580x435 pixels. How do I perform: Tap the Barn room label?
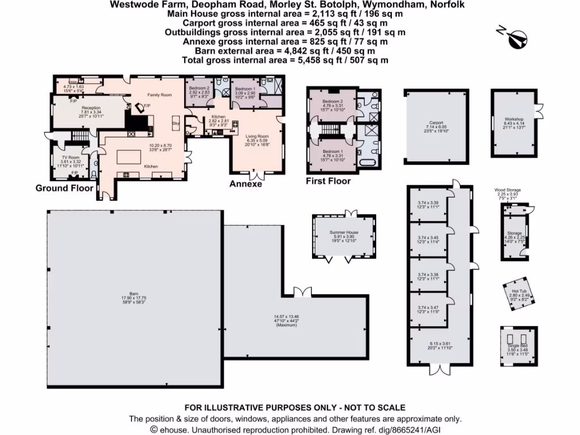tap(134, 294)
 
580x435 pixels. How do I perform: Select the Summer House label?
tap(344, 232)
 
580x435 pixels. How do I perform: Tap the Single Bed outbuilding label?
tap(517, 345)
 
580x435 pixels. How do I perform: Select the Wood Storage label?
tap(507, 190)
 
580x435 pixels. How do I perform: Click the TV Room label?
tap(71, 157)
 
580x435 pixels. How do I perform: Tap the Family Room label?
tap(159, 95)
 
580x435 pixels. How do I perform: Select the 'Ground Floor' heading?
tap(64, 187)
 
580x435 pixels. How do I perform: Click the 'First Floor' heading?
tap(328, 181)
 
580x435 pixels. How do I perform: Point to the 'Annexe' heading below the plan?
tap(245, 184)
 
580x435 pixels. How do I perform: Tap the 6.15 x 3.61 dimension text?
tap(440, 344)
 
